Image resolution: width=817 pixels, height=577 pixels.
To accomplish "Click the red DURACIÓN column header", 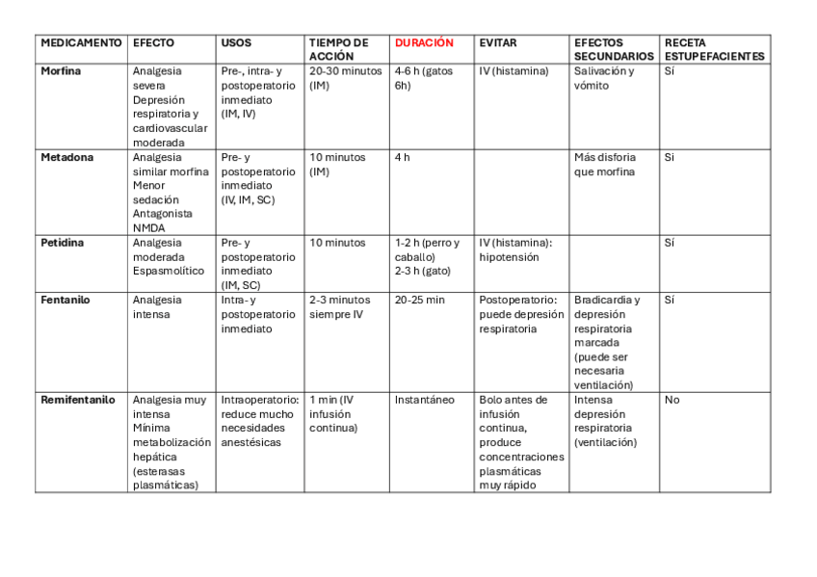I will [423, 43].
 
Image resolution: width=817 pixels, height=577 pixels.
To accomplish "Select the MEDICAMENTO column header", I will [81, 43].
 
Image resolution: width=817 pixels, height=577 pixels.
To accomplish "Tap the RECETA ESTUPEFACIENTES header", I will [714, 49].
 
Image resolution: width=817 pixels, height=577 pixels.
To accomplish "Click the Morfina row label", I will [61, 71].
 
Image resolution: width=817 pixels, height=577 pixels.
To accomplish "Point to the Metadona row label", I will [66, 157].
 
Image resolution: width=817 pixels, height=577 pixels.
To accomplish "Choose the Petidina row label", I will [62, 243].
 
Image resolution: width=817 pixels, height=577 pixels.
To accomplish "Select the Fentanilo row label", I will [66, 300].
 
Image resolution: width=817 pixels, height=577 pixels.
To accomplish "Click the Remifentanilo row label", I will [77, 400].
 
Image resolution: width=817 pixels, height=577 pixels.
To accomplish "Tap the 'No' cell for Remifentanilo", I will [672, 400].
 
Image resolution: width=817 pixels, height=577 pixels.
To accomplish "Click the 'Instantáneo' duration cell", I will [424, 400].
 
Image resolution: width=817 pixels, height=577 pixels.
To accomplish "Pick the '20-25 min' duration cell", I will [419, 300].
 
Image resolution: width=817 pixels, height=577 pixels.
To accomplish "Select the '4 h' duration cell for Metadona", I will [402, 157].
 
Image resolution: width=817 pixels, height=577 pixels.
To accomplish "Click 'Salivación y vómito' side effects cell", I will [604, 78].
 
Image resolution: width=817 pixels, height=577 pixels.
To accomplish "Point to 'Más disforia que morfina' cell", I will [604, 165].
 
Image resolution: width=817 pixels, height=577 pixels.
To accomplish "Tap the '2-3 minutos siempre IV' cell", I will [339, 306].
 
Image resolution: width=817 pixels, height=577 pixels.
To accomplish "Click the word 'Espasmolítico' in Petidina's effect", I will [169, 272].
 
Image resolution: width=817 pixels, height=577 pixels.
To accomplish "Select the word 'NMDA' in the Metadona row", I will [148, 228].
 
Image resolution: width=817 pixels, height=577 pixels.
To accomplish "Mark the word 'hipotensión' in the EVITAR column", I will [509, 257].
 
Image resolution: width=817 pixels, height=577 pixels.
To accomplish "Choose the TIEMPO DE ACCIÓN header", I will [338, 49].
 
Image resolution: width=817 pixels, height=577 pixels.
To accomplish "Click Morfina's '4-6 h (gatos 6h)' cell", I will [423, 78].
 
